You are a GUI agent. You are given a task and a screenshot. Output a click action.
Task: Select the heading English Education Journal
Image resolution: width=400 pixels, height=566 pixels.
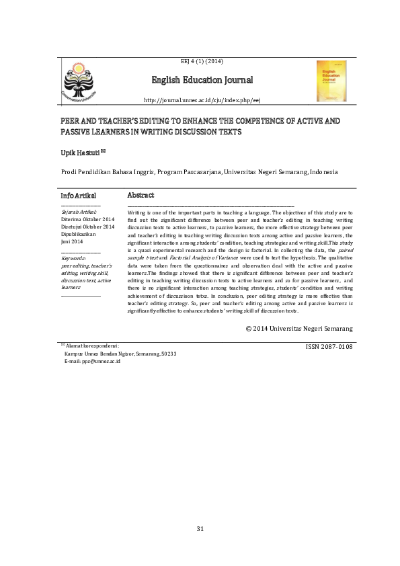tap(202, 81)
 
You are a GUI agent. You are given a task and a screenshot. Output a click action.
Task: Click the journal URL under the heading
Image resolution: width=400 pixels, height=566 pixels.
tap(202, 99)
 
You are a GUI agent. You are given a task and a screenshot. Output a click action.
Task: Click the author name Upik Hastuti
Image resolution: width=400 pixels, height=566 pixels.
tap(79, 154)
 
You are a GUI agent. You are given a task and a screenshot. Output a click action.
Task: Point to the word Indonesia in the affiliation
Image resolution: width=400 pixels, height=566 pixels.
tap(323, 172)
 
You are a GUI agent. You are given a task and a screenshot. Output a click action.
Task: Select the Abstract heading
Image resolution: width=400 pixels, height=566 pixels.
tap(141, 195)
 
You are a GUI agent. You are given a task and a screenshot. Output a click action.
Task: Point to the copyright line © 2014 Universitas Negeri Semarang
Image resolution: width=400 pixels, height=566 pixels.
tap(298, 329)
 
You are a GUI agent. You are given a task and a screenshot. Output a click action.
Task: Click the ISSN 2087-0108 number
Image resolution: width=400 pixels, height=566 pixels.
tap(329, 346)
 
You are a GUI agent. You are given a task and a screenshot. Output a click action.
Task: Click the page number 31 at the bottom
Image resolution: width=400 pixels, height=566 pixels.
tap(200, 529)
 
